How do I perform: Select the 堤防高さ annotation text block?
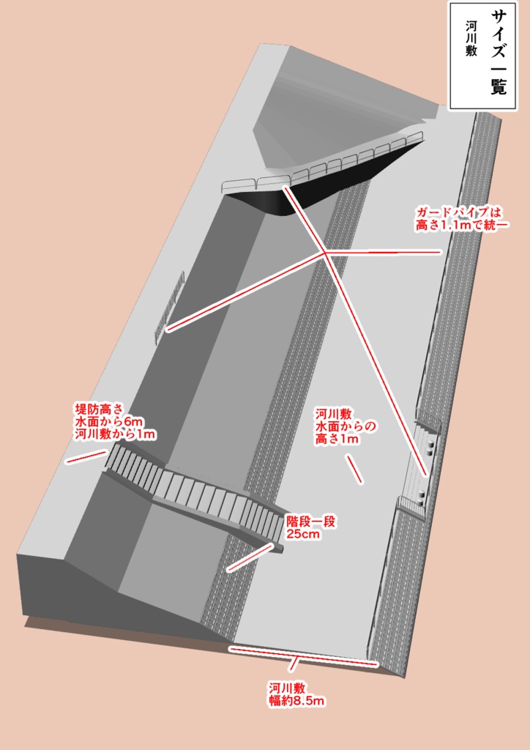point(116,421)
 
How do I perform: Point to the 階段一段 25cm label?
point(310,528)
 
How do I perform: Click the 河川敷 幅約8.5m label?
point(296,694)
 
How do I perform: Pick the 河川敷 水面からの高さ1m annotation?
point(345,426)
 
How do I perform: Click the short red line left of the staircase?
point(85,457)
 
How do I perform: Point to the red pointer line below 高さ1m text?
point(354,469)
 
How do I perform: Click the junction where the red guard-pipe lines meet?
point(324,253)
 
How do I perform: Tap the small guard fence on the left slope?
point(169,308)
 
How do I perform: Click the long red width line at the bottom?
point(304,656)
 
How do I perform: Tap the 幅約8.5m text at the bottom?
point(296,701)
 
